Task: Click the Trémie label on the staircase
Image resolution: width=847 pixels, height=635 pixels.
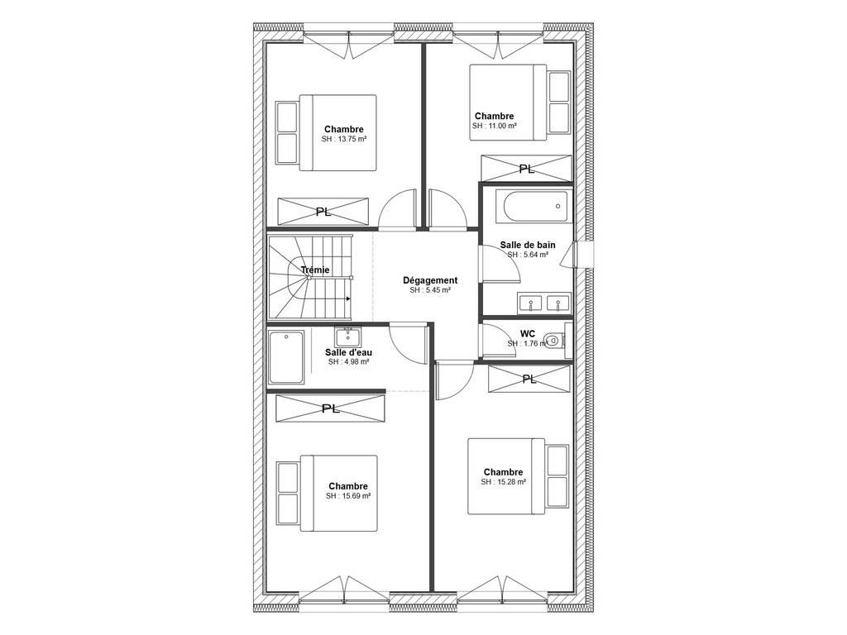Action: coord(315,270)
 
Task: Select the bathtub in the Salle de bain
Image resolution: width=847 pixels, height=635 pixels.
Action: coord(532,206)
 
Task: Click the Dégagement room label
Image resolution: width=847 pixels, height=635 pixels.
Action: coord(430,280)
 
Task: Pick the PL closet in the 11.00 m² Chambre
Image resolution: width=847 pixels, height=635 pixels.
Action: coord(527,169)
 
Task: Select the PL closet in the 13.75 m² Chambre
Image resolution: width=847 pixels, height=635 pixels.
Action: coord(323,212)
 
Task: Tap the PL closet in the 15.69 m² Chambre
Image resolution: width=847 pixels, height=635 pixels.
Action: coord(331,408)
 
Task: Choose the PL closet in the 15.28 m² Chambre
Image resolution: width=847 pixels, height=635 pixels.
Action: coord(529,379)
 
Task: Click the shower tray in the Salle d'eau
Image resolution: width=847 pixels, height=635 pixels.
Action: coord(286,357)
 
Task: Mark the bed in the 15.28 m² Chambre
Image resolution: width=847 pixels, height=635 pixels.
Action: coord(519,476)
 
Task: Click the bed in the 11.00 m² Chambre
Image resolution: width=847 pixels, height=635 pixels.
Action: coord(520,103)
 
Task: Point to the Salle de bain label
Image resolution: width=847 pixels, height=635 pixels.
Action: coord(527,245)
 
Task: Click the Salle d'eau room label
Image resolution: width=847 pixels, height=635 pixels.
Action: coord(348,352)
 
